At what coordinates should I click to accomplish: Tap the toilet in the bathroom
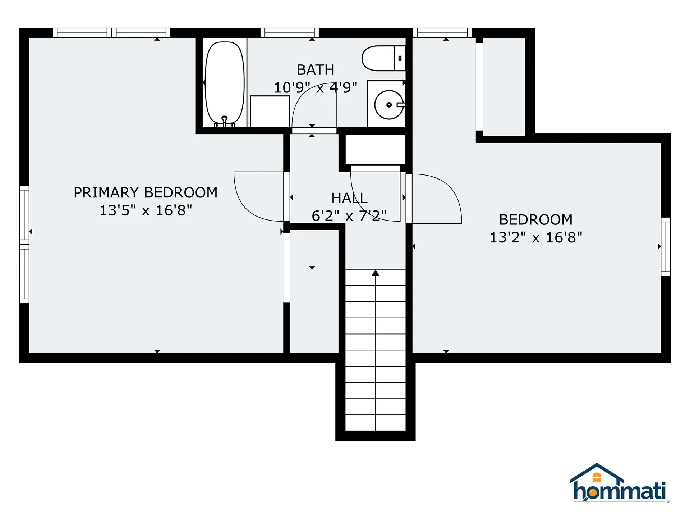383,58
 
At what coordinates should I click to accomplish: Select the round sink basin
389,105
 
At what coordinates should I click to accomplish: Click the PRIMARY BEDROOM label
146,192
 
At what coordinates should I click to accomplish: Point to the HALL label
349,198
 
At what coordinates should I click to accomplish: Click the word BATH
316,70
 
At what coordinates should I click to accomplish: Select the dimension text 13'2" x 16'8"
536,237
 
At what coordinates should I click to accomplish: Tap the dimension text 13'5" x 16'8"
146,210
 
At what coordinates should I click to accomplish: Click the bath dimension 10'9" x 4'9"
316,87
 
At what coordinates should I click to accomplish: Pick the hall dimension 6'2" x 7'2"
349,216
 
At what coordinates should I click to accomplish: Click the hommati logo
619,483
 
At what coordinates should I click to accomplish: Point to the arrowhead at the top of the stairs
376,273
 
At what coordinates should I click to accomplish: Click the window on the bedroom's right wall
666,247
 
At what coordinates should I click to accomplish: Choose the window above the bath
290,33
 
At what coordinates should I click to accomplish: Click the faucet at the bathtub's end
225,121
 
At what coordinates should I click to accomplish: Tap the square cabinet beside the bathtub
270,111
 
